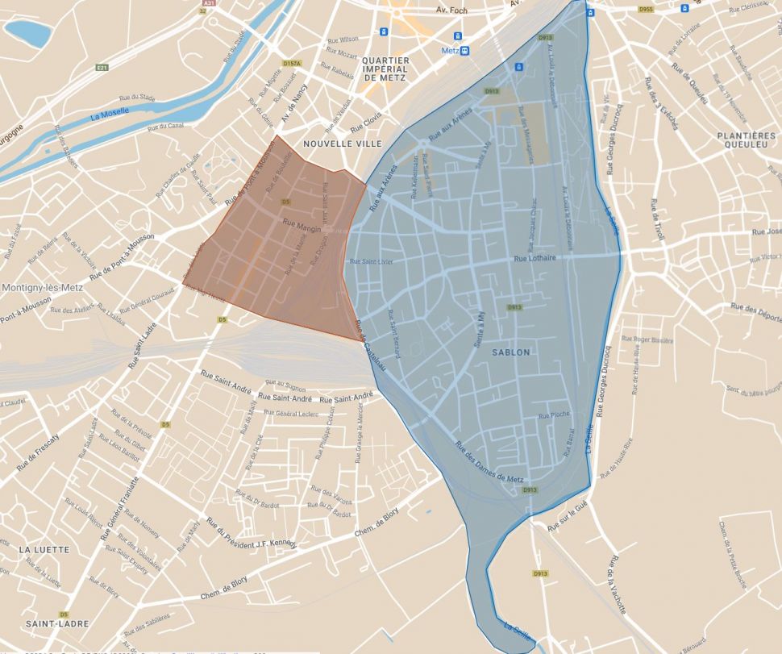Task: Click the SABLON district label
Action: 511,352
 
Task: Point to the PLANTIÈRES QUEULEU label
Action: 746,142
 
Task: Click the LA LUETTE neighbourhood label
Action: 44,549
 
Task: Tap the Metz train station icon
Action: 464,50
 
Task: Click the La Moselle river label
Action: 110,114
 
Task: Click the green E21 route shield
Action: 102,68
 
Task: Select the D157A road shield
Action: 292,63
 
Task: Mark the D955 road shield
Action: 645,10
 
